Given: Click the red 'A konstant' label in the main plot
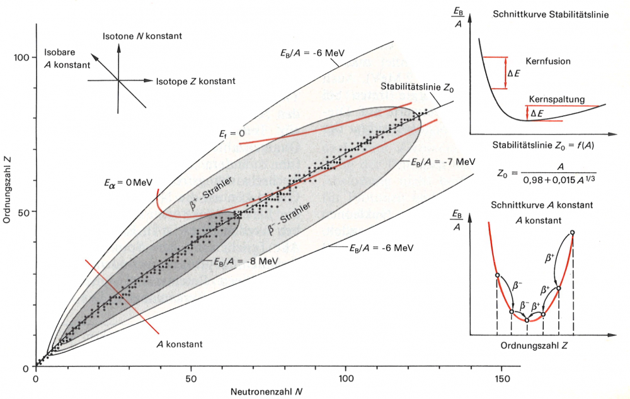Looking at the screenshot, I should coord(180,344).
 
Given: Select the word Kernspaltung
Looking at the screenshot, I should coord(557,99).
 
